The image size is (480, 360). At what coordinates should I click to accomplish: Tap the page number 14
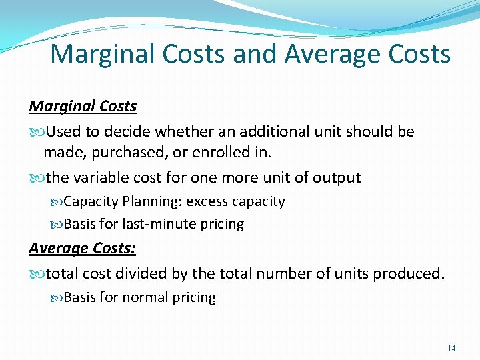451,348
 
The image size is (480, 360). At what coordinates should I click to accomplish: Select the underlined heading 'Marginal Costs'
83,107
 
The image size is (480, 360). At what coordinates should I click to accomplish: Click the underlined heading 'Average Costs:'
82,249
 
